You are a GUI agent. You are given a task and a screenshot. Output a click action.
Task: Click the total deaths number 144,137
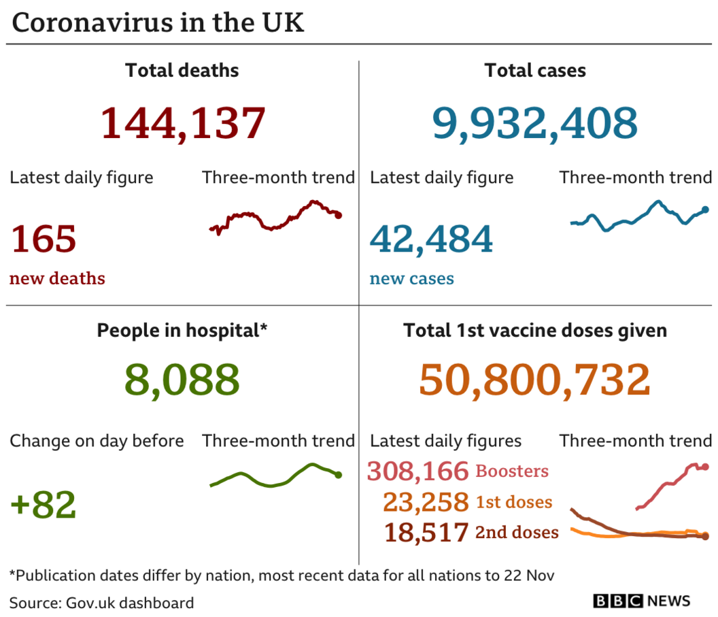182,122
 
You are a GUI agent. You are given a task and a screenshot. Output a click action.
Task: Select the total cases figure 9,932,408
535,122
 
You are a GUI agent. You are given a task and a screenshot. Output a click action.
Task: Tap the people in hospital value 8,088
182,380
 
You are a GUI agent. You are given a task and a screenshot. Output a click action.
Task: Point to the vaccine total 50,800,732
534,380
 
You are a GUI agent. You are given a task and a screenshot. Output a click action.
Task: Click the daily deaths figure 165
44,239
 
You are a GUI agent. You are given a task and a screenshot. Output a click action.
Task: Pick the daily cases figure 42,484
431,239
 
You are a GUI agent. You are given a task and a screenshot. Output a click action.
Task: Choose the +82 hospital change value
44,505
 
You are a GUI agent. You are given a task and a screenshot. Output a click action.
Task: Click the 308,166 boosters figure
418,471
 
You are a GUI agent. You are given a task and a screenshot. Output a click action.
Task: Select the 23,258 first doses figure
426,502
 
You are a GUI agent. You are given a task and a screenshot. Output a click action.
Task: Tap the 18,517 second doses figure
426,532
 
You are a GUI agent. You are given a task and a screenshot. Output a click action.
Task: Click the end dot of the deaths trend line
339,215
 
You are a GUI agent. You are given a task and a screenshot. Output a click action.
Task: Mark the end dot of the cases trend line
705,210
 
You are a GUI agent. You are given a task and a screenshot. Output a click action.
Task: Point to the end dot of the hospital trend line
339,475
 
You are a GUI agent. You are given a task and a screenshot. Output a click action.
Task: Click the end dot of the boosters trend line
706,467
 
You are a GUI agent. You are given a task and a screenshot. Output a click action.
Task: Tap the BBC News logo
642,601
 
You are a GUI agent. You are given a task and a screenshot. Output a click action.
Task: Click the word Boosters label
512,471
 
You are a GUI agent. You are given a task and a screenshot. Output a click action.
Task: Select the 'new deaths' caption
57,278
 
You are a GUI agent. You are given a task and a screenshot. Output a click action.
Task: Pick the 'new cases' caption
411,278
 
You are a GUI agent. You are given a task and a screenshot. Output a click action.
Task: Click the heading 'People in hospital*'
182,331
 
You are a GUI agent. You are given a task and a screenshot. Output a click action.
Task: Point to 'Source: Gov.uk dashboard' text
102,603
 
